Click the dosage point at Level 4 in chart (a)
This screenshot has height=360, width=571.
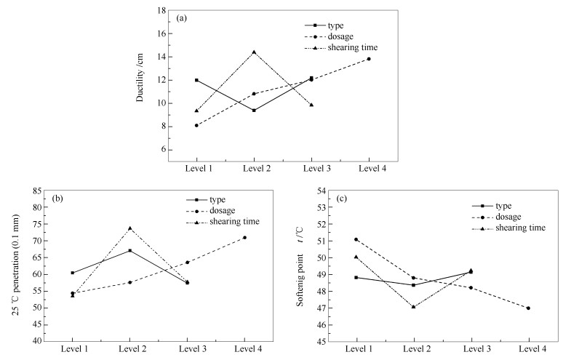click(369, 58)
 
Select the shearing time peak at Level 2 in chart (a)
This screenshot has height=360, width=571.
click(254, 52)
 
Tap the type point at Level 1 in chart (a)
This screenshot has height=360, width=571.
click(196, 80)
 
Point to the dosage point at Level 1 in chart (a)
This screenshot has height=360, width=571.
click(196, 125)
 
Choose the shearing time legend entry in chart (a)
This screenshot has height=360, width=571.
click(353, 48)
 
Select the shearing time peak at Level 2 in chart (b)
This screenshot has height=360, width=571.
click(129, 228)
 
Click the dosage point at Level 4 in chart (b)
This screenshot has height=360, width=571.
click(244, 238)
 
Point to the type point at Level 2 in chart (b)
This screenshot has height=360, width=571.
click(129, 250)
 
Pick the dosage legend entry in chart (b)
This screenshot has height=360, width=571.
click(223, 210)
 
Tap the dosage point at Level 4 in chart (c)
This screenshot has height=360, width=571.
click(528, 308)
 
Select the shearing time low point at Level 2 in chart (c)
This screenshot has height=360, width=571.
click(414, 307)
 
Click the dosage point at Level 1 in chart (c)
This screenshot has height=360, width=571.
click(356, 239)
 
